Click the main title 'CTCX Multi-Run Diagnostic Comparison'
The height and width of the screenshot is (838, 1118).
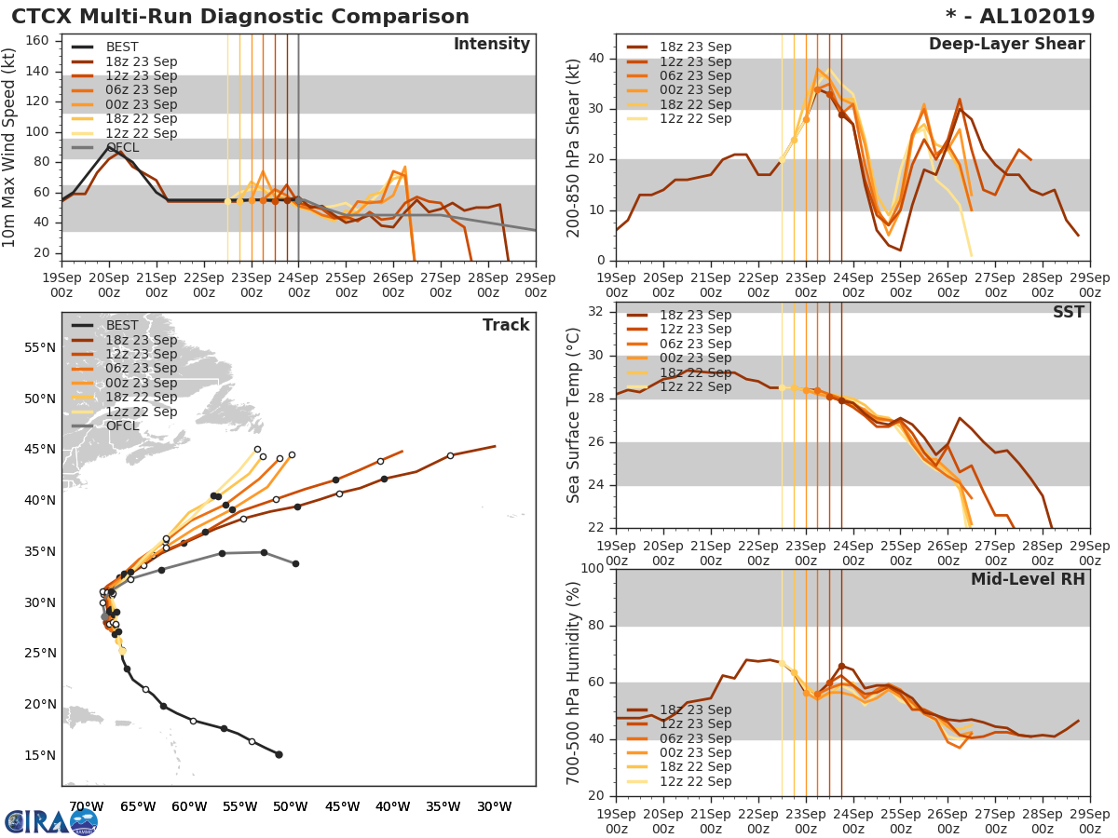(x=240, y=17)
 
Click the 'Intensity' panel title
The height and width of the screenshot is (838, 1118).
(x=491, y=45)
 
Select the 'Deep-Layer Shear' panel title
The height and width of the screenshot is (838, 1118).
(x=1006, y=45)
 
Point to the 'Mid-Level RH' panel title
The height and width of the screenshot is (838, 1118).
(x=1028, y=579)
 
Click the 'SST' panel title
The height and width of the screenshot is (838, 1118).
(x=1068, y=312)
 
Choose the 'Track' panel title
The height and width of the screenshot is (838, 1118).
(x=506, y=325)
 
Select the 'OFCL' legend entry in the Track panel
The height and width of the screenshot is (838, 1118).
(x=122, y=426)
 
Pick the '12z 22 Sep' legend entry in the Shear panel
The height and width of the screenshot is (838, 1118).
(x=695, y=118)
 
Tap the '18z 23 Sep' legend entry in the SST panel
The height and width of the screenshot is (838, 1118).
(x=695, y=316)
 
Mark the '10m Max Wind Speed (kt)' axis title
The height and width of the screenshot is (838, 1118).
(x=10, y=148)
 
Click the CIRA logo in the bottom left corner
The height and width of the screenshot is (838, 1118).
(x=50, y=821)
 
